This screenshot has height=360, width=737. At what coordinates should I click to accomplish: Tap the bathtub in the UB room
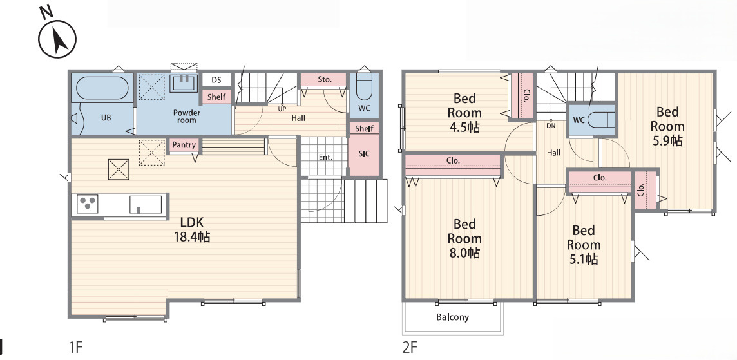click(x=102, y=88)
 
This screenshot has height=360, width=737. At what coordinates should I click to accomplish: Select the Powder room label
click(x=187, y=117)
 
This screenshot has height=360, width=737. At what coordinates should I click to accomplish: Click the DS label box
click(x=216, y=80)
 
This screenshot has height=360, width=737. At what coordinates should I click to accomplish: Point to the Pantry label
click(x=184, y=145)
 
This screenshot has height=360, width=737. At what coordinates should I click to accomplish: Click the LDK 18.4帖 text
click(x=192, y=229)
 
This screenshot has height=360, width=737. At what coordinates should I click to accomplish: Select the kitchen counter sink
click(x=146, y=204)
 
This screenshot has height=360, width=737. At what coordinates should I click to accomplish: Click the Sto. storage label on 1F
click(x=324, y=79)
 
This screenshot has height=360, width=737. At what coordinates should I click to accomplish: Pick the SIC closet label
click(x=364, y=154)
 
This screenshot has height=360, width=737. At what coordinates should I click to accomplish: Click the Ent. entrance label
click(x=326, y=157)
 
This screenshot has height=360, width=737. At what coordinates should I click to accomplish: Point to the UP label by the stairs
click(x=282, y=109)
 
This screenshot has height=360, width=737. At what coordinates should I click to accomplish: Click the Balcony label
click(x=453, y=317)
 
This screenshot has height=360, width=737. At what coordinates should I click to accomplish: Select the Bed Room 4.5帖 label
click(x=464, y=113)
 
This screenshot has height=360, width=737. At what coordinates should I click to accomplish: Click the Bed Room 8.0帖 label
click(x=464, y=238)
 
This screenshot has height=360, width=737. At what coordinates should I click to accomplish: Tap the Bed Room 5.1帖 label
click(x=583, y=245)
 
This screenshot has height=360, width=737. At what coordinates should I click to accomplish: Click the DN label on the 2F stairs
click(x=551, y=126)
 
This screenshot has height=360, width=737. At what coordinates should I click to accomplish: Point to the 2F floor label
click(x=410, y=347)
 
